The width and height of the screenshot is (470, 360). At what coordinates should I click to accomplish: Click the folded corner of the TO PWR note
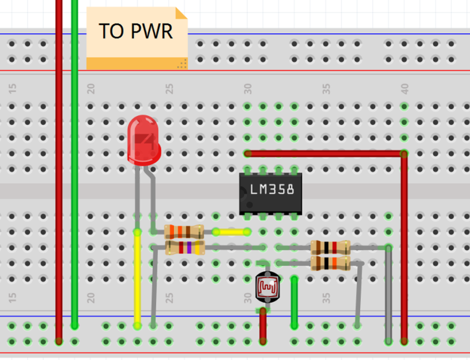181,13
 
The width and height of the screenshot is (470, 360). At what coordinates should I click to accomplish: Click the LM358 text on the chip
272,189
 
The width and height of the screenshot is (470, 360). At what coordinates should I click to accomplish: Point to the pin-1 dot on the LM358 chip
249,205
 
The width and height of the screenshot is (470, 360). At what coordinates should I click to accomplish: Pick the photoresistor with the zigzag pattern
267,287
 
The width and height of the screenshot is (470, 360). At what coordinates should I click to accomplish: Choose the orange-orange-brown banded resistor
184,232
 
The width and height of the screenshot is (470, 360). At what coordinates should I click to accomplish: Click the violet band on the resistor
189,248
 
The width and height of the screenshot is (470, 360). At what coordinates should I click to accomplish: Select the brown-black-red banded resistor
330,248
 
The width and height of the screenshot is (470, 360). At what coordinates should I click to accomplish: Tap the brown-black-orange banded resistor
330,263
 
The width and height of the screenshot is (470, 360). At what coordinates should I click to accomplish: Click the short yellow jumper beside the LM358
231,232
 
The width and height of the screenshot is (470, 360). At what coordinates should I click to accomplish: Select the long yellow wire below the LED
137,278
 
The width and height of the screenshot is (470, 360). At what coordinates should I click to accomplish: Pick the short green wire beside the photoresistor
294,302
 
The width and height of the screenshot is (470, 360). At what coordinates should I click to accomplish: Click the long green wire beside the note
74,163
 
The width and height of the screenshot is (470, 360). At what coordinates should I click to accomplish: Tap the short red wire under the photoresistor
263,326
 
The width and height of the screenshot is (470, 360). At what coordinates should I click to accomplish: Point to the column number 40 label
405,89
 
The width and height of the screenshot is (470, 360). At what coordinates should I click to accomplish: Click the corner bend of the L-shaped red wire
404,154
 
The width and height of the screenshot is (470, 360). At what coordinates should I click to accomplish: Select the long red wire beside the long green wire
59,171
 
